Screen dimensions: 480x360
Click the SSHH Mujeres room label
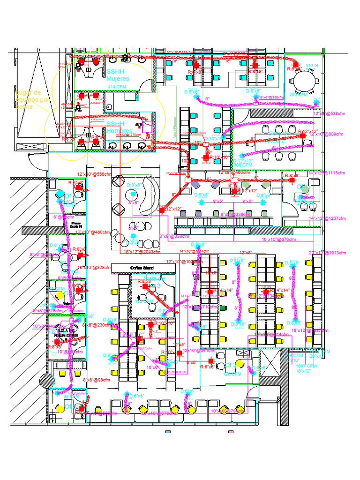pyautogui.click(x=118, y=75)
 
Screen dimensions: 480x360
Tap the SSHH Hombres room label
pyautogui.click(x=119, y=127)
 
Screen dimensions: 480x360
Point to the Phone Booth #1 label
pyautogui.click(x=73, y=225)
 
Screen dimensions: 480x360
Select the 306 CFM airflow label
pyautogui.click(x=243, y=165)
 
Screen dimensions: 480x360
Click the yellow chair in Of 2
pyautogui.click(x=240, y=364)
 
